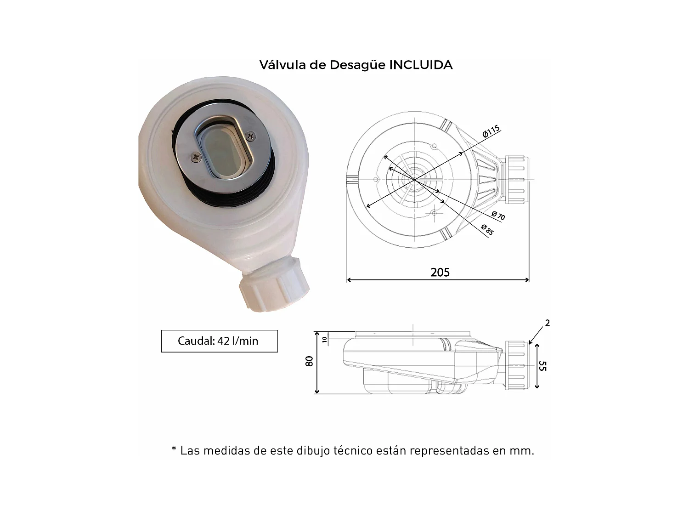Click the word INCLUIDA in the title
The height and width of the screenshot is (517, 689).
[x=421, y=65]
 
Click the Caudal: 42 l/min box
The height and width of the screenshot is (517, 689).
[x=219, y=341]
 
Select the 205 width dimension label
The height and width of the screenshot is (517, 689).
[x=440, y=273]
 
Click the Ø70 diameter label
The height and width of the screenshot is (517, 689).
[x=498, y=216]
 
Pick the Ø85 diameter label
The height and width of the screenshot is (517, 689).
[x=487, y=229]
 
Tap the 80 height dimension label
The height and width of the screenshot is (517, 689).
[x=309, y=361]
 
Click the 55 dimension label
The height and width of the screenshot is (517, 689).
[x=542, y=366]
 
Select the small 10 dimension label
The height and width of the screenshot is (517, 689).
[x=324, y=340]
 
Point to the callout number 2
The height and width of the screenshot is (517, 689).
[x=547, y=323]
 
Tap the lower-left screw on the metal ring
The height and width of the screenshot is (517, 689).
[x=197, y=157]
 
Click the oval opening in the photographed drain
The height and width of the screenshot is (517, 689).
[x=224, y=150]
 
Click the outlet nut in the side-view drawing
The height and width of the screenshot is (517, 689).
[x=517, y=366]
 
